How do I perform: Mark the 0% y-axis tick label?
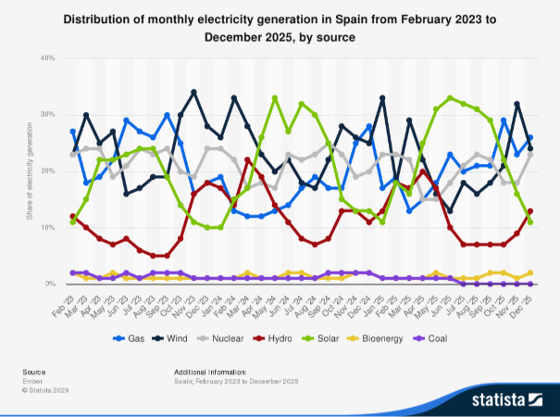click(x=50, y=284)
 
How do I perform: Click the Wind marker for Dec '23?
click(x=193, y=92)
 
